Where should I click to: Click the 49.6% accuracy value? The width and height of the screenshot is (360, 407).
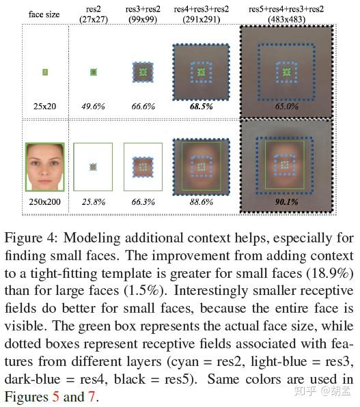(x=94, y=107)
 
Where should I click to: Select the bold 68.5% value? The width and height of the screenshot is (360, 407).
(x=200, y=107)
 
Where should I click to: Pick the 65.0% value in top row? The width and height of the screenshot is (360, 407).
(x=286, y=107)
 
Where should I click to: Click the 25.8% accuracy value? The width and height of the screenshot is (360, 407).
(x=94, y=203)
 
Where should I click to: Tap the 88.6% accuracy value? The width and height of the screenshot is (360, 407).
(x=200, y=203)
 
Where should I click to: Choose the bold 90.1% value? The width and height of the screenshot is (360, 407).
(x=287, y=203)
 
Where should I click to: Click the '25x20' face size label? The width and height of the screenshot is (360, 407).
(x=44, y=107)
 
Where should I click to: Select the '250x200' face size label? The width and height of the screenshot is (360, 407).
(x=44, y=203)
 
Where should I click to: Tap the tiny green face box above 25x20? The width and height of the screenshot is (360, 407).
(x=44, y=71)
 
